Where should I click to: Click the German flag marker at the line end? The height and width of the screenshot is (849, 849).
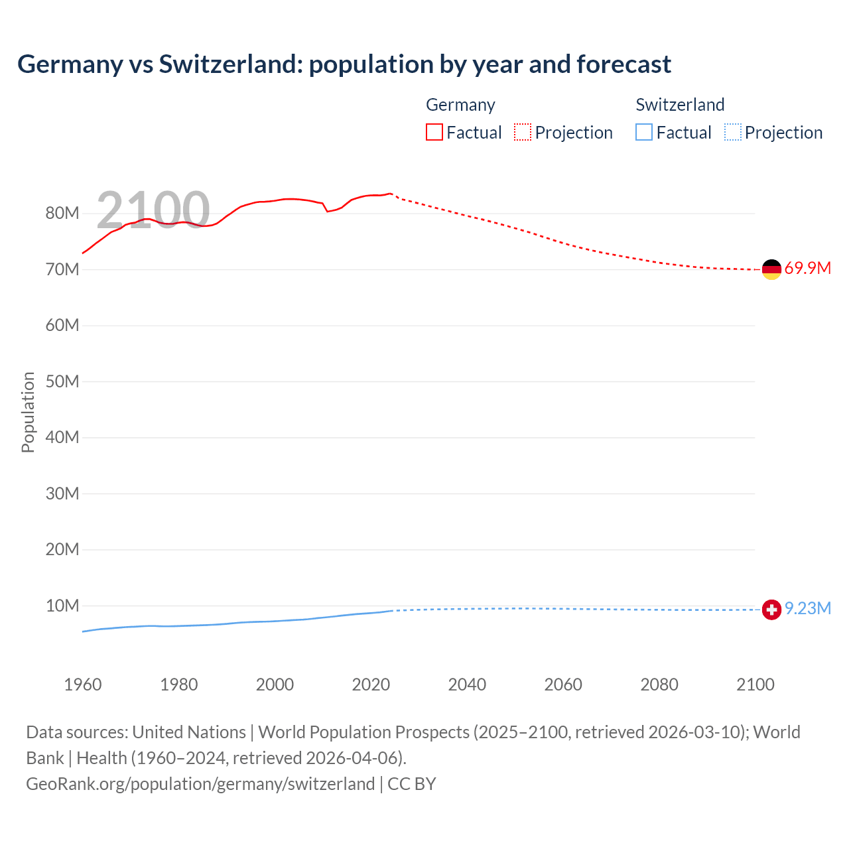(x=771, y=269)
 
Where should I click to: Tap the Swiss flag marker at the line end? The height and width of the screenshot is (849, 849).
(x=771, y=610)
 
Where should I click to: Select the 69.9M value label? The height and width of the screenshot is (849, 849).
(x=807, y=269)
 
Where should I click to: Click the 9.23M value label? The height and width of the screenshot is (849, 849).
(x=807, y=609)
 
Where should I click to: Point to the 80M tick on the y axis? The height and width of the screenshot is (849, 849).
(x=62, y=214)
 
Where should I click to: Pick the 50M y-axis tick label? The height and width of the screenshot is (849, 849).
(x=62, y=382)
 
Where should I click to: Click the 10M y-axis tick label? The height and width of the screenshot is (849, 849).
(x=62, y=606)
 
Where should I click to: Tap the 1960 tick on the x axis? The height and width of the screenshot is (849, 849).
(x=83, y=685)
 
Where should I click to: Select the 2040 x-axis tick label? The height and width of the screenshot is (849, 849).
(x=467, y=685)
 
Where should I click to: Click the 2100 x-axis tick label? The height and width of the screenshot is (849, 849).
(x=755, y=685)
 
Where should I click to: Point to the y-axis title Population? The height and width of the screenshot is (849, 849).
(x=28, y=412)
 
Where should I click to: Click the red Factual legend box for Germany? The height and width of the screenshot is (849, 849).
(x=434, y=132)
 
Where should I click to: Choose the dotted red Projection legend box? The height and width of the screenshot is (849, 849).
(x=523, y=132)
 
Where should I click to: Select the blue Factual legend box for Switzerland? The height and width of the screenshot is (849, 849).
(x=643, y=132)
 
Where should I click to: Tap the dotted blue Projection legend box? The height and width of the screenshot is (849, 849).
(x=732, y=132)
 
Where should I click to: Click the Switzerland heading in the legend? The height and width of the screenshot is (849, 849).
(x=680, y=105)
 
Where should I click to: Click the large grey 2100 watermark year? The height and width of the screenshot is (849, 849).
(x=153, y=210)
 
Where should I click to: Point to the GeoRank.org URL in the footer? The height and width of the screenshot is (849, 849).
(x=200, y=784)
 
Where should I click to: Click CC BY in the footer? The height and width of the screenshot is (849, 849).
(x=412, y=784)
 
